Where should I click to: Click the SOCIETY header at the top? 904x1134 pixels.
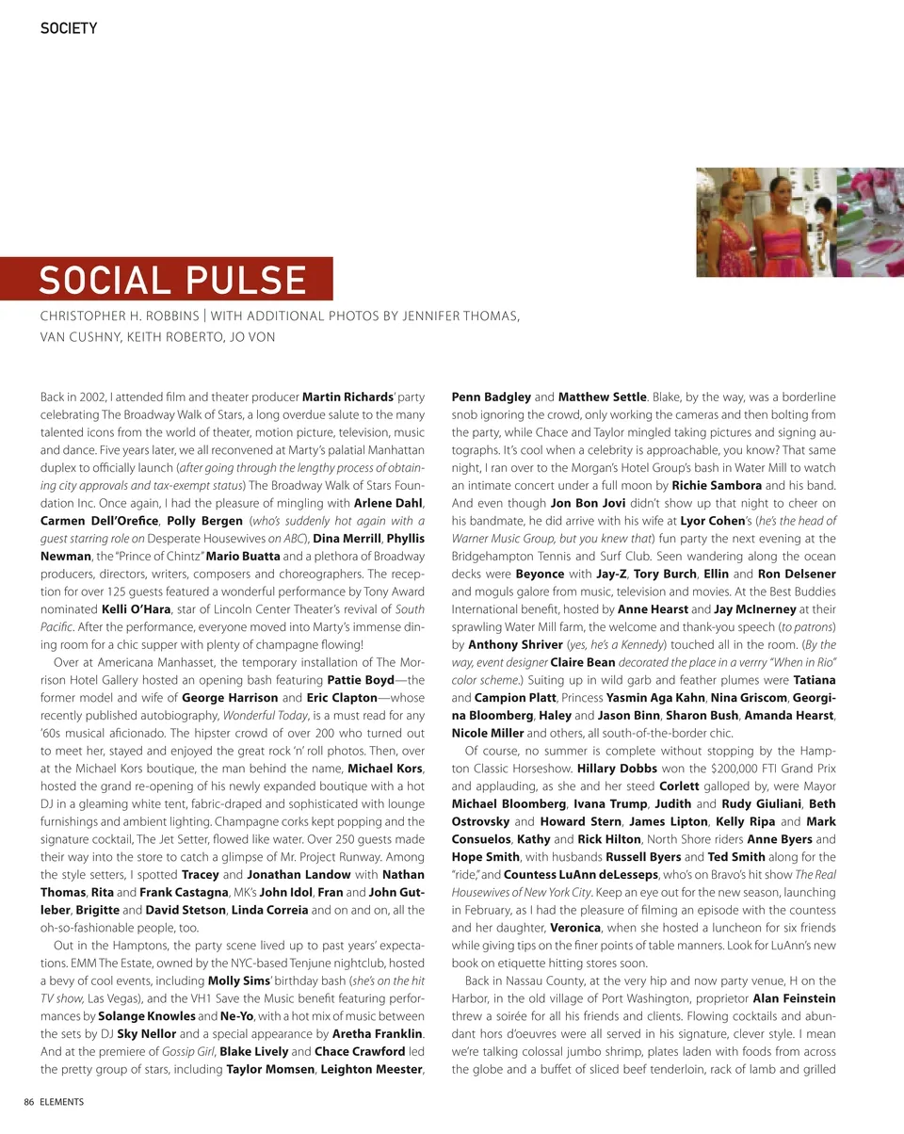click(68, 28)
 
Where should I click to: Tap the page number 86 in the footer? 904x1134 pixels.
click(30, 1102)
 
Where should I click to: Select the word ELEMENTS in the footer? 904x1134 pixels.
click(62, 1102)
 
